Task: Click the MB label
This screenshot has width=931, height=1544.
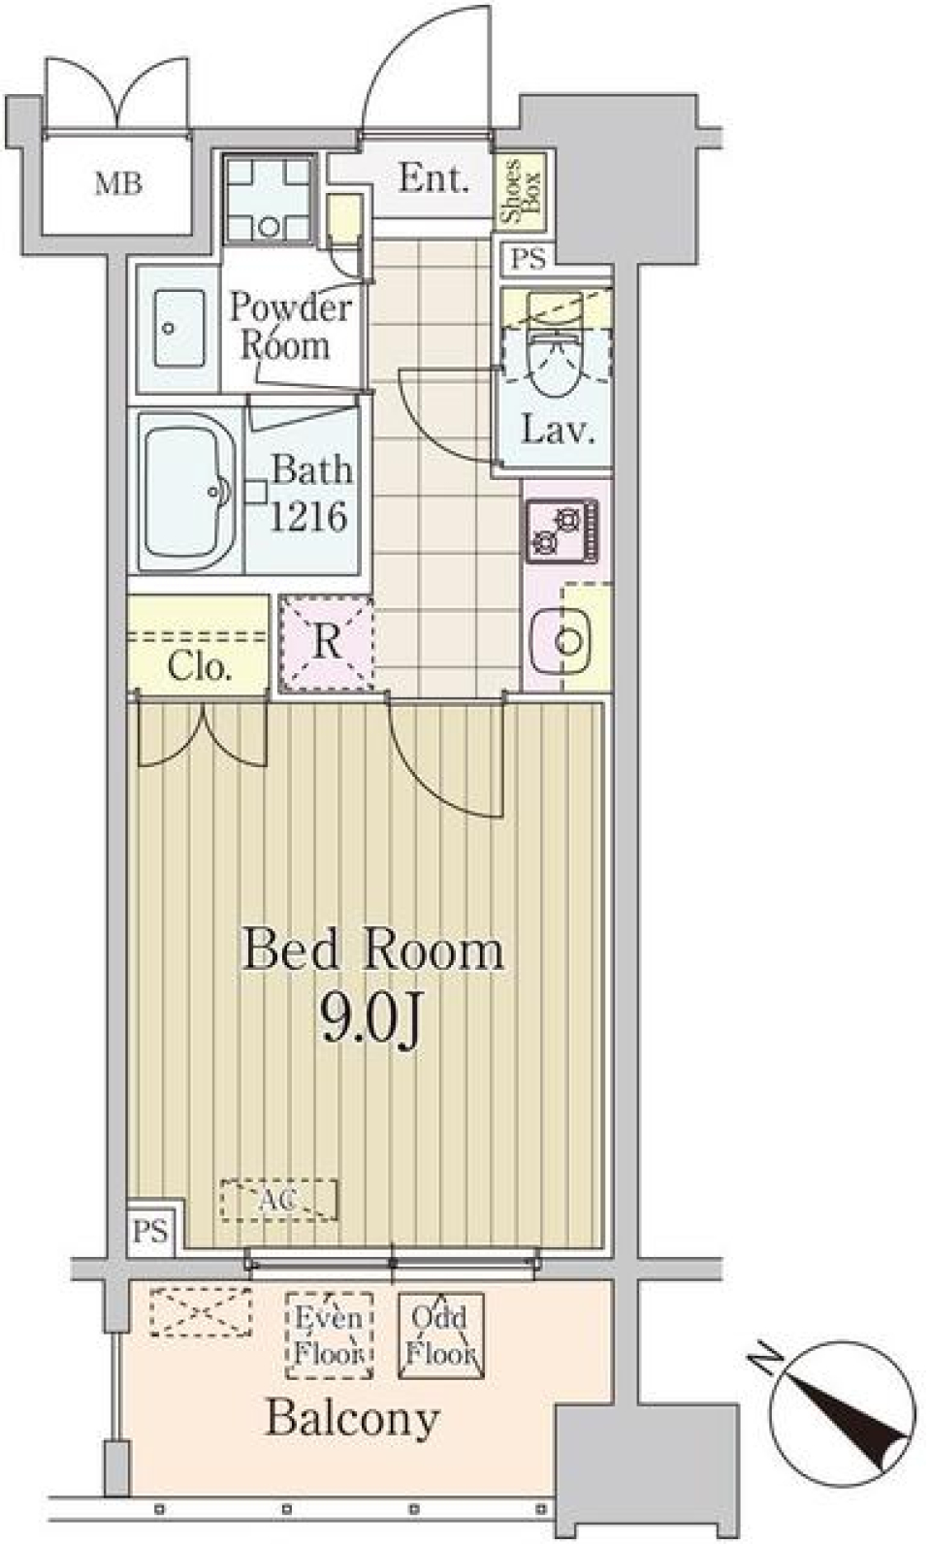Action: tap(118, 182)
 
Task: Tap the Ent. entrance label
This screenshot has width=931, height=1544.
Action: tap(433, 178)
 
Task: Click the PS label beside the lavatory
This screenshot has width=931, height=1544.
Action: tap(530, 259)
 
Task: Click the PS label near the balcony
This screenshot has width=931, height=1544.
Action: tap(150, 1232)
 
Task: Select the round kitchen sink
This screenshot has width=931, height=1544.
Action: tap(569, 639)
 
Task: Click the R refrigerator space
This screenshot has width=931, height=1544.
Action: tap(327, 642)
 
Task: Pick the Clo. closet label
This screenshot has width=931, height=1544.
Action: tap(199, 666)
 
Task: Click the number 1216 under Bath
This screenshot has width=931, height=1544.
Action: tap(307, 517)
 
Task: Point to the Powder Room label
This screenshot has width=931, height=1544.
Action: tap(289, 326)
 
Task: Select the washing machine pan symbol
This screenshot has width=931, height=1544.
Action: tap(271, 199)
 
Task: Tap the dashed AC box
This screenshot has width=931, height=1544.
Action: tap(279, 1200)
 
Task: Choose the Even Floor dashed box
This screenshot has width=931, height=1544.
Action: tap(330, 1335)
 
